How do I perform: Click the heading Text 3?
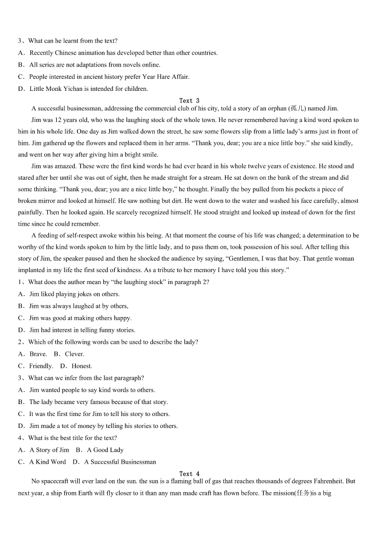(189, 100)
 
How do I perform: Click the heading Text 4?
(189, 473)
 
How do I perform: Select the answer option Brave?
(38, 354)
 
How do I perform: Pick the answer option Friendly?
(41, 366)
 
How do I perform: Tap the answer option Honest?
(82, 366)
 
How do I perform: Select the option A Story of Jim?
(49, 449)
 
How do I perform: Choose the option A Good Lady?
(105, 449)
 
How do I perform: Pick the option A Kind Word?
(47, 461)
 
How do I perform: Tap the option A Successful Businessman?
(120, 461)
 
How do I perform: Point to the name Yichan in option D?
(79, 88)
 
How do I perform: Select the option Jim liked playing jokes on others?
(74, 294)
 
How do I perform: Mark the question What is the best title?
(72, 438)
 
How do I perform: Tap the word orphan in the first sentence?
(277, 109)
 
